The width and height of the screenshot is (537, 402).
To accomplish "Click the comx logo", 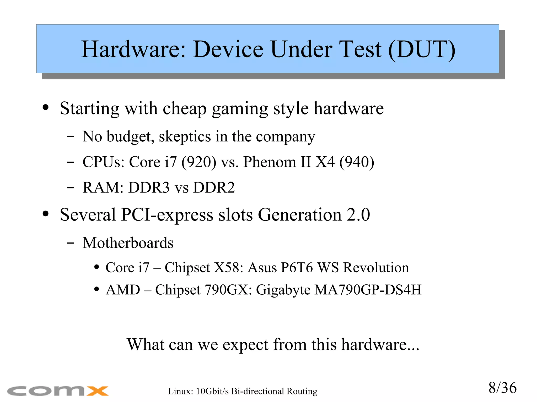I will click(58, 391).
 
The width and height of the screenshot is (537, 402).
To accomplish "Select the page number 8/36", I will click(502, 388).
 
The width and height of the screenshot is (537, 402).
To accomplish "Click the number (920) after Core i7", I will click(199, 162).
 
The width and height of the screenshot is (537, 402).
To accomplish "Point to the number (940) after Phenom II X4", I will click(357, 162).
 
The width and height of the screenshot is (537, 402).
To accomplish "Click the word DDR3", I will click(149, 188).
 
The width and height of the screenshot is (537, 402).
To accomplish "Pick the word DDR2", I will click(214, 188).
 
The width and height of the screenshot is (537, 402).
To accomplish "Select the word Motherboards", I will click(128, 243).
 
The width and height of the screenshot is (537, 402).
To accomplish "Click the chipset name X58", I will click(228, 268).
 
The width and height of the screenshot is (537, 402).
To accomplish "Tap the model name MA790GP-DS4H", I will click(368, 290).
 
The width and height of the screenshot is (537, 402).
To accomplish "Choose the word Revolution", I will click(376, 268).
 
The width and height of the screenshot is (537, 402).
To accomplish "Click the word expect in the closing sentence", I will click(245, 345).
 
